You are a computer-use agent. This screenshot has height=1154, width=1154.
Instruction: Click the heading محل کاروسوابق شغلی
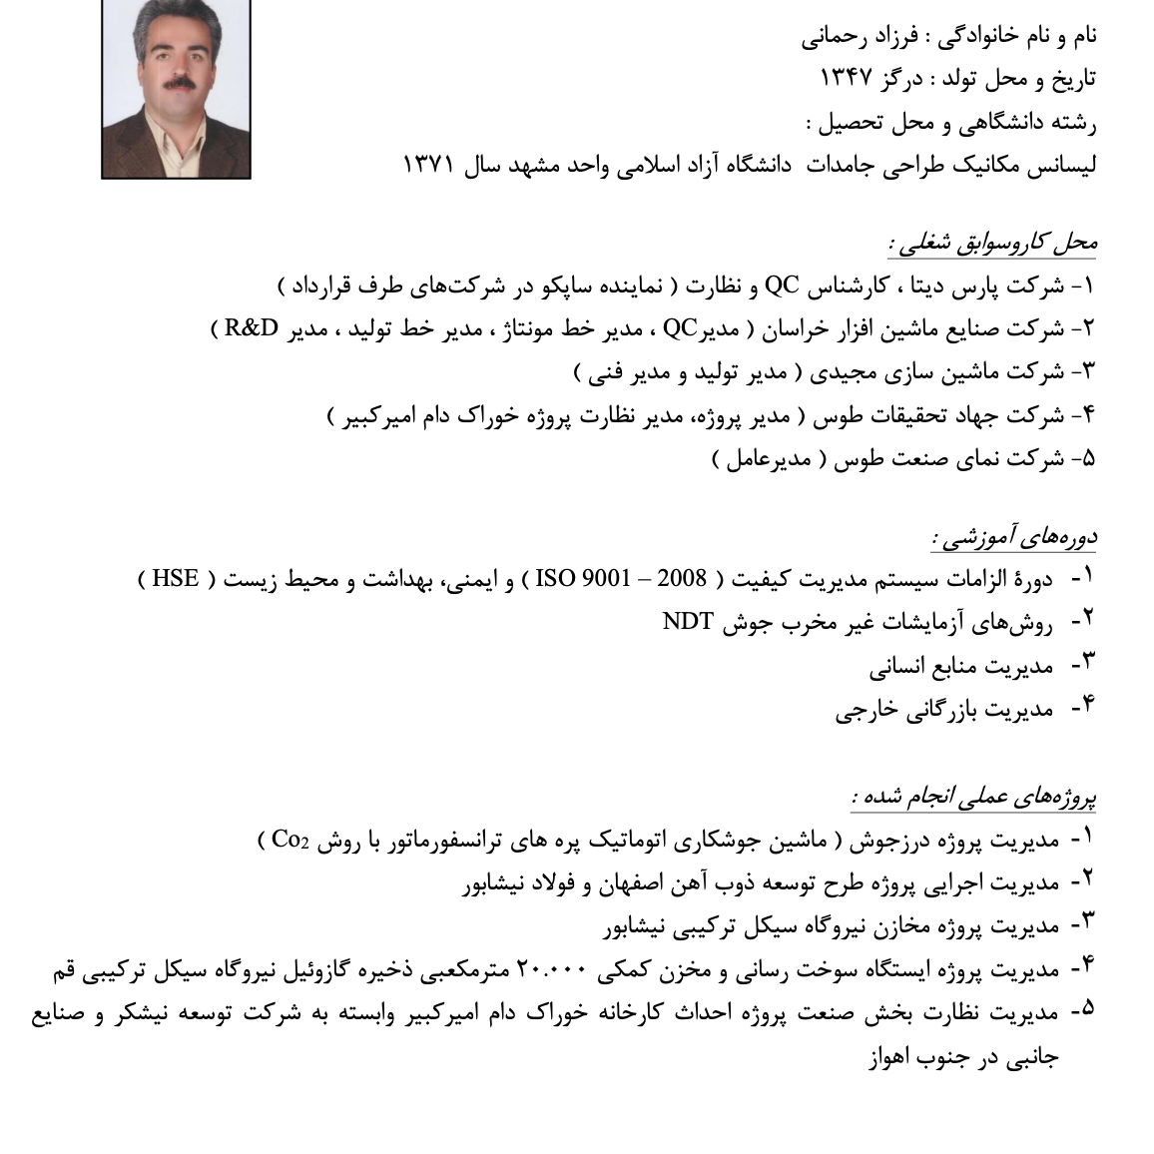point(992,242)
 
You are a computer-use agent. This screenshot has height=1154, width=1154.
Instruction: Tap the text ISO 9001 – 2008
point(621,578)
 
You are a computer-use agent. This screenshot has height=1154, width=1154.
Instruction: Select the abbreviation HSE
point(176,578)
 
